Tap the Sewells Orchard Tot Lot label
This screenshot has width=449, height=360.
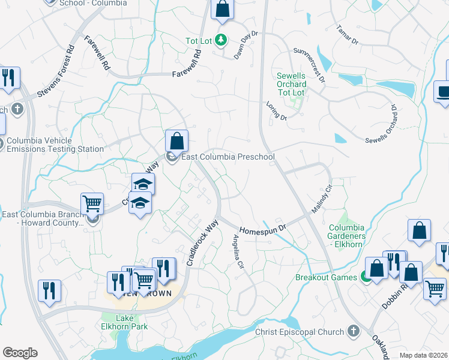(292, 84)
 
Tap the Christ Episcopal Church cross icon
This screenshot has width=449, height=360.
(353, 331)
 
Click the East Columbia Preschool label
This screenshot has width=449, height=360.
(228, 157)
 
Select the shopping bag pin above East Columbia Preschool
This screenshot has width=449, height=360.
(177, 142)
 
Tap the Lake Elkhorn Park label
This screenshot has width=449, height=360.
(124, 322)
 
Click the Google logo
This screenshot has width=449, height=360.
(20, 353)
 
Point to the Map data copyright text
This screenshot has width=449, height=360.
(424, 355)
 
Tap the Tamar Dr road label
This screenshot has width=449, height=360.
(346, 35)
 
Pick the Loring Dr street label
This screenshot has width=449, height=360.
(277, 110)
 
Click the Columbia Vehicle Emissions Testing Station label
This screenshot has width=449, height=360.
(55, 145)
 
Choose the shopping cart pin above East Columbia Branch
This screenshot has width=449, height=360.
(92, 203)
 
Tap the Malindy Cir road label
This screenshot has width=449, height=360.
(321, 201)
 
